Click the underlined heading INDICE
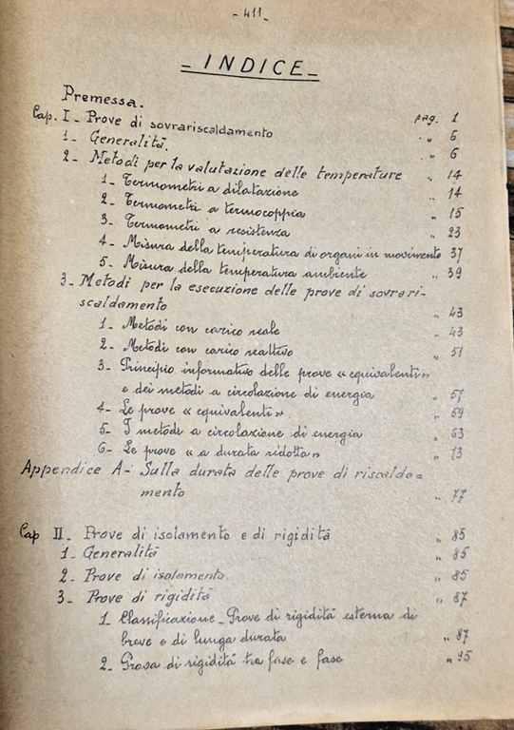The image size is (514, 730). tap(250, 67)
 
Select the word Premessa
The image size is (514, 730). tap(103, 95)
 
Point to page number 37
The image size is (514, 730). tap(455, 253)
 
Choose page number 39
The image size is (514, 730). tap(456, 273)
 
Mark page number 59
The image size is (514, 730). tap(455, 413)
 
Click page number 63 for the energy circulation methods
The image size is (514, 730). tap(456, 433)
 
